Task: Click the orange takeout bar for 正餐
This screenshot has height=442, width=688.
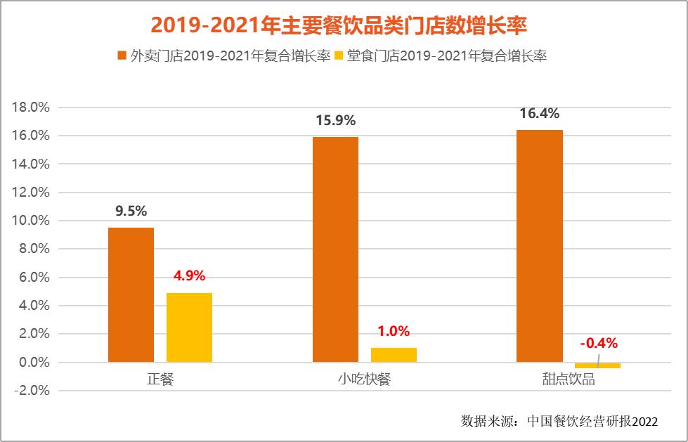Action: pyautogui.click(x=131, y=295)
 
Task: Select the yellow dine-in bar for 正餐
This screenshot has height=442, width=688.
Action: pyautogui.click(x=189, y=327)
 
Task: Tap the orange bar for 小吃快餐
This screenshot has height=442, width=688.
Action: pyautogui.click(x=335, y=249)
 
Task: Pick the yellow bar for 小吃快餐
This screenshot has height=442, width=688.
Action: pyautogui.click(x=394, y=355)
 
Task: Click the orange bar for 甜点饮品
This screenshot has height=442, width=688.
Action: pyautogui.click(x=540, y=246)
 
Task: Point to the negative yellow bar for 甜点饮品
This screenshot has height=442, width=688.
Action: pyautogui.click(x=597, y=365)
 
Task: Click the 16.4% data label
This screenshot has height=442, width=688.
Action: pyautogui.click(x=540, y=113)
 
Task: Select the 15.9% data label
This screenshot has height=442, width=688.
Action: pyautogui.click(x=335, y=120)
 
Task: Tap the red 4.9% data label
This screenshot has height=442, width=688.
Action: pyautogui.click(x=189, y=276)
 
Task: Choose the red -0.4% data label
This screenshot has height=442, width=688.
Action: pyautogui.click(x=598, y=344)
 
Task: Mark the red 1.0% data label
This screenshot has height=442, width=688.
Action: pyautogui.click(x=394, y=332)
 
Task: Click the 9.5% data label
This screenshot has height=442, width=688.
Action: pyautogui.click(x=131, y=212)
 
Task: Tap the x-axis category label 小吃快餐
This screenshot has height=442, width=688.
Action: pyautogui.click(x=364, y=380)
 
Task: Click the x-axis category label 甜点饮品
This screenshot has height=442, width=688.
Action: pyautogui.click(x=569, y=380)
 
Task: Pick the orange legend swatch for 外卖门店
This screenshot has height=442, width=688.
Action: pyautogui.click(x=122, y=56)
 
